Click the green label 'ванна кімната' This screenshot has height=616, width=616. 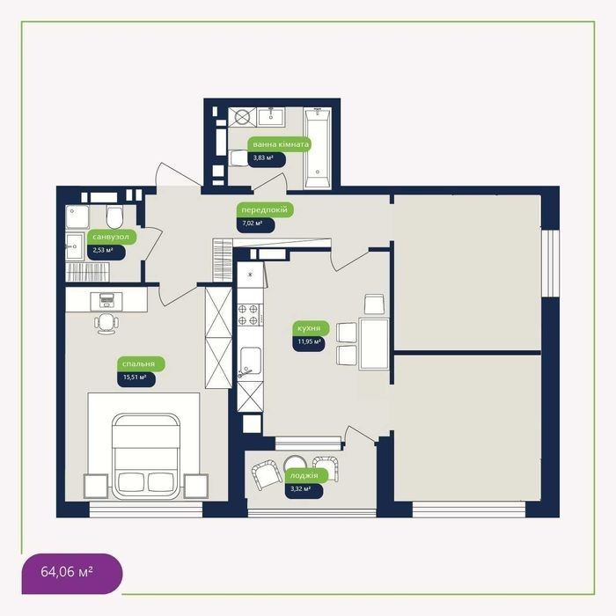point(280,144)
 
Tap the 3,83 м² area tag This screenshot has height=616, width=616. point(267,158)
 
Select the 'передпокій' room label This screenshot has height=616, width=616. point(265,209)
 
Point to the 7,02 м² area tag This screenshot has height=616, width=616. point(255,224)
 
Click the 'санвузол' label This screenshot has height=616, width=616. point(112,237)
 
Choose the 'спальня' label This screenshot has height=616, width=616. point(141,363)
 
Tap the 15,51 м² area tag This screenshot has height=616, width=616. point(136,378)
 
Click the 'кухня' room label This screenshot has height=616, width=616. point(311,328)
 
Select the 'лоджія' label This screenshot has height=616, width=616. point(306,475)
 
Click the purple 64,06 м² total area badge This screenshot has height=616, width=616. point(72,573)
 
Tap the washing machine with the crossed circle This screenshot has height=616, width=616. point(242,117)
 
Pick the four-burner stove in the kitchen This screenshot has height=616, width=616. point(250,315)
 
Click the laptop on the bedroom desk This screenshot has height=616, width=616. point(106,300)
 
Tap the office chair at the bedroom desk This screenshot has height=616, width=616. point(106,324)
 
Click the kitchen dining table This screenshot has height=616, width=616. point(374,344)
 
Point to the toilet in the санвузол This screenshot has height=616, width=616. point(114,216)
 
